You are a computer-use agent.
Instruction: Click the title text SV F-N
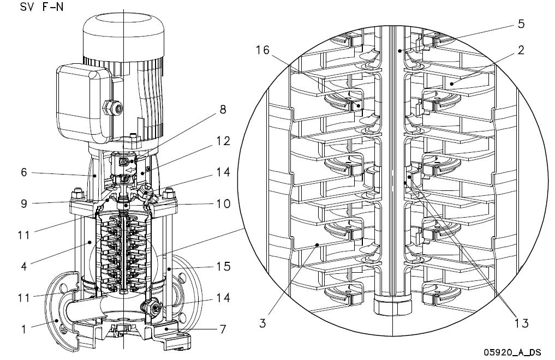coord(42,7)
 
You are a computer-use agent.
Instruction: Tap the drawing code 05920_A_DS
coord(512,352)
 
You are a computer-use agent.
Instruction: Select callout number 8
coord(223,109)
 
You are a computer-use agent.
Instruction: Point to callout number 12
coord(223,141)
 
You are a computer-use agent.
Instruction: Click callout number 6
coord(23,172)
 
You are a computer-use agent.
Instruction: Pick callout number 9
coord(23,203)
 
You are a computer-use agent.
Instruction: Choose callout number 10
coord(223,203)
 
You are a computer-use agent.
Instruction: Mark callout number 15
coord(223,266)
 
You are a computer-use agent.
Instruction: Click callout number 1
coord(23,329)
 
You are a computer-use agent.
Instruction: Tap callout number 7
coord(223,329)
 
